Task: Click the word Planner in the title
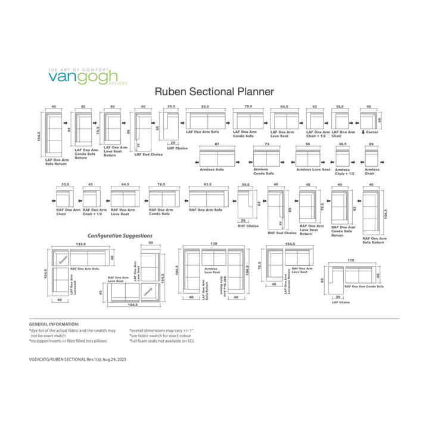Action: click(253, 92)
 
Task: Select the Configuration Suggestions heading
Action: click(120, 236)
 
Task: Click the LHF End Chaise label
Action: click(148, 154)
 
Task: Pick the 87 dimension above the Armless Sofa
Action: click(216, 145)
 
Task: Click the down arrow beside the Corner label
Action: click(362, 132)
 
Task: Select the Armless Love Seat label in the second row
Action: click(313, 170)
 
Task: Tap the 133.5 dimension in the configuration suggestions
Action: click(80, 244)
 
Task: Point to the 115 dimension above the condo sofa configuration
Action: click(352, 260)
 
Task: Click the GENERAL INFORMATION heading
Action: click(54, 324)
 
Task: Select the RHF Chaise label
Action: click(247, 226)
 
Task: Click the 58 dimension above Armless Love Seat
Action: click(307, 145)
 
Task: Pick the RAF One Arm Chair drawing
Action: click(65, 197)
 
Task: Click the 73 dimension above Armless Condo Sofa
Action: click(267, 145)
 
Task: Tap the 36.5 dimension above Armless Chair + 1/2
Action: click(343, 145)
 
